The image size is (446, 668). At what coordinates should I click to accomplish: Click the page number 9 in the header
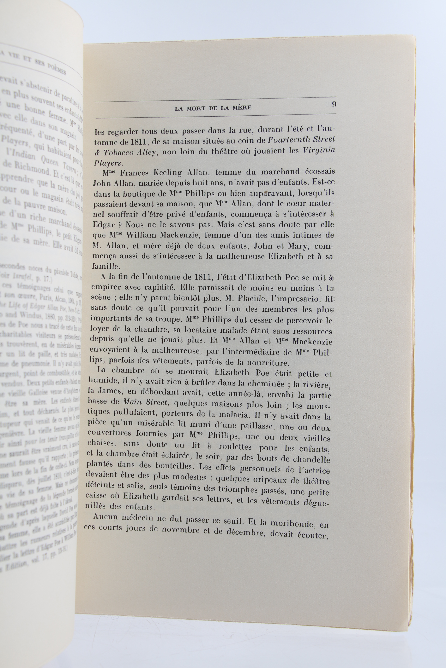click(334, 105)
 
